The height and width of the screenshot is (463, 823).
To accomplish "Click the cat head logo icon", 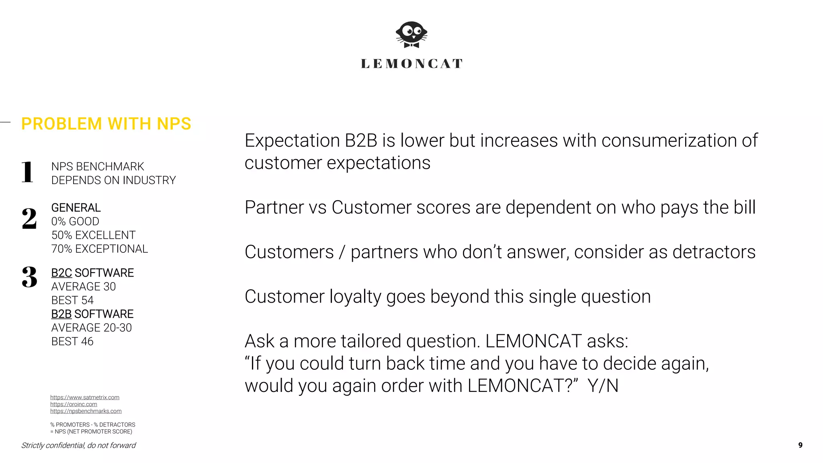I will tap(411, 35).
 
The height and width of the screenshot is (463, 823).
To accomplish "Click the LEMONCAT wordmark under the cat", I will tap(411, 64).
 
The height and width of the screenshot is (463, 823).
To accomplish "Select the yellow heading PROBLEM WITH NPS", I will tap(106, 124).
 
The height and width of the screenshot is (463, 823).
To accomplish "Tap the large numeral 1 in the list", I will tap(27, 172).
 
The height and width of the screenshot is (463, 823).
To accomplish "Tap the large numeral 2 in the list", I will tap(29, 219).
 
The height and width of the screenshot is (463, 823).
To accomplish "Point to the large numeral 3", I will tap(29, 277).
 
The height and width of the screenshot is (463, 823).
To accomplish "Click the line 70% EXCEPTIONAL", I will tap(100, 249).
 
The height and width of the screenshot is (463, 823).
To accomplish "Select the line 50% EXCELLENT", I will tap(93, 235).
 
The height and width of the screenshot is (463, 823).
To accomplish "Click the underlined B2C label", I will tap(61, 273).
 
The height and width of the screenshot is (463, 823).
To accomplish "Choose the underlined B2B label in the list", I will tap(61, 314).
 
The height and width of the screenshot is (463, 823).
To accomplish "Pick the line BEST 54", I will tap(72, 300).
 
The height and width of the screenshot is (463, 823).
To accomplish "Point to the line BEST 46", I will tap(72, 341).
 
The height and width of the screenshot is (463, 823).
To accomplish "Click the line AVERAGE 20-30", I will tap(92, 328).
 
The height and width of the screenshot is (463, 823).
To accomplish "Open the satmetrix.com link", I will tap(85, 397).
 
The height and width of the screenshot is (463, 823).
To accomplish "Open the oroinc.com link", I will tap(74, 404).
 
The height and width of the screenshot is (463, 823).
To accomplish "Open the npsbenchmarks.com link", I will tap(86, 411).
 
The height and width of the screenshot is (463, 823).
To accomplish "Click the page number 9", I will tap(800, 445).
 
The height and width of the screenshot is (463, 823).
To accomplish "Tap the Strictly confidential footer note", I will tap(78, 445).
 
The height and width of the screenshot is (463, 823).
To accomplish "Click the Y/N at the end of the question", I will tap(603, 386).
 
